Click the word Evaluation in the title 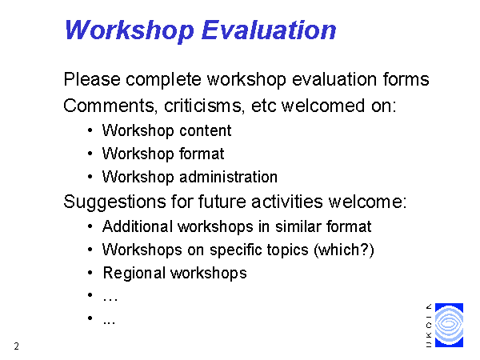click(269, 30)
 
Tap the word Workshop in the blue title click(130, 31)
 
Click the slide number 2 click(17, 346)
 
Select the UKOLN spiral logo click(449, 325)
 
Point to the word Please click(92, 79)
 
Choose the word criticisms click(202, 106)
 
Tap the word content click(205, 130)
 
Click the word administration click(228, 177)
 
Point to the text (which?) click(344, 250)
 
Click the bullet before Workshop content click(90, 130)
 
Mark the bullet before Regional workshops click(90, 273)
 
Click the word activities click(287, 202)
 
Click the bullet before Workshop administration click(90, 177)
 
